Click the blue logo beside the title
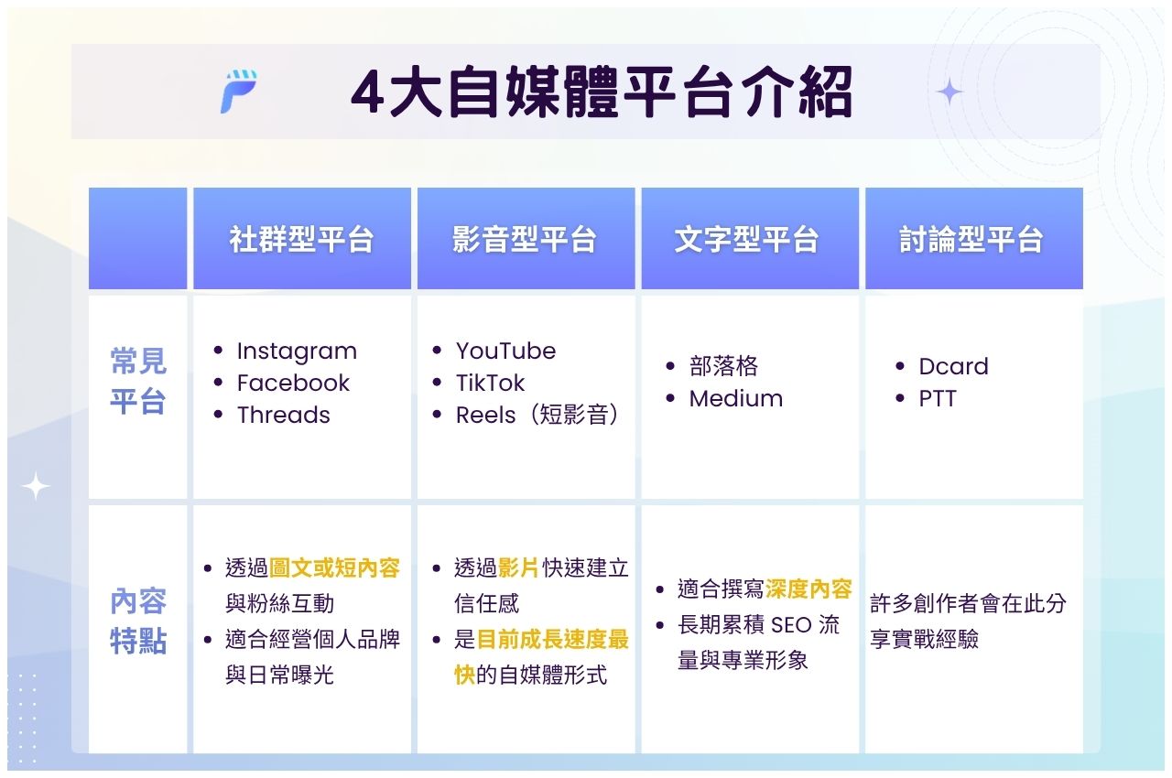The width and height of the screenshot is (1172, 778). coord(238,92)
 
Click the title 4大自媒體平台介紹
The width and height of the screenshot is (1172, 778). coord(602,92)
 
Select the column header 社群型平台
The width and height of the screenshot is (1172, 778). coord(301,240)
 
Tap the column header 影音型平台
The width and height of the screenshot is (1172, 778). coord(525,240)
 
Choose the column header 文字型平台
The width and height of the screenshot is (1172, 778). coord(747,240)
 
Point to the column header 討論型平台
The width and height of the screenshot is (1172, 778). coord(971,240)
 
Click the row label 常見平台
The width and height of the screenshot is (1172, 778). coord(138,381)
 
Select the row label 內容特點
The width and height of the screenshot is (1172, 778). coord(138,621)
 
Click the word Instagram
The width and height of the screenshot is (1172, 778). coord(297,351)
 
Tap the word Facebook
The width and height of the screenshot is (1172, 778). coord(293,384)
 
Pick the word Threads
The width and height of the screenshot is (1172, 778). coord(283,416)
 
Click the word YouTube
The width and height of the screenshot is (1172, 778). coord(505,351)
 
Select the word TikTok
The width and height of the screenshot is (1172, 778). coord(491,384)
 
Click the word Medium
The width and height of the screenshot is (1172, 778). coord(735,399)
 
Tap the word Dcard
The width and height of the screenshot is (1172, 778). coord(953,367)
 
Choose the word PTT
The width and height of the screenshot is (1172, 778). coord(937,399)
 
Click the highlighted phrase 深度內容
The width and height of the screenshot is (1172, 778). coord(808,589)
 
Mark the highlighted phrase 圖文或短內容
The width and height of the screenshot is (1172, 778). coord(334,568)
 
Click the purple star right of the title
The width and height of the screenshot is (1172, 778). coord(950,92)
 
